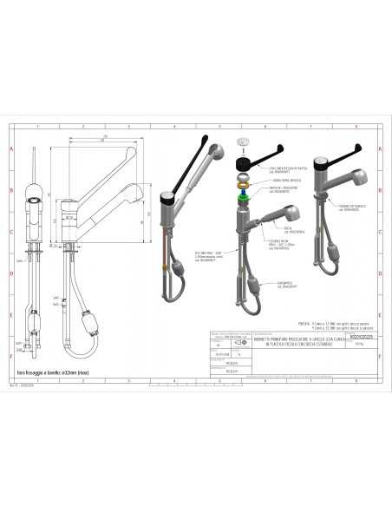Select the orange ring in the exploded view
tap(243, 183)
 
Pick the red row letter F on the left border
tap(11, 356)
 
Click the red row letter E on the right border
tap(380, 315)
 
